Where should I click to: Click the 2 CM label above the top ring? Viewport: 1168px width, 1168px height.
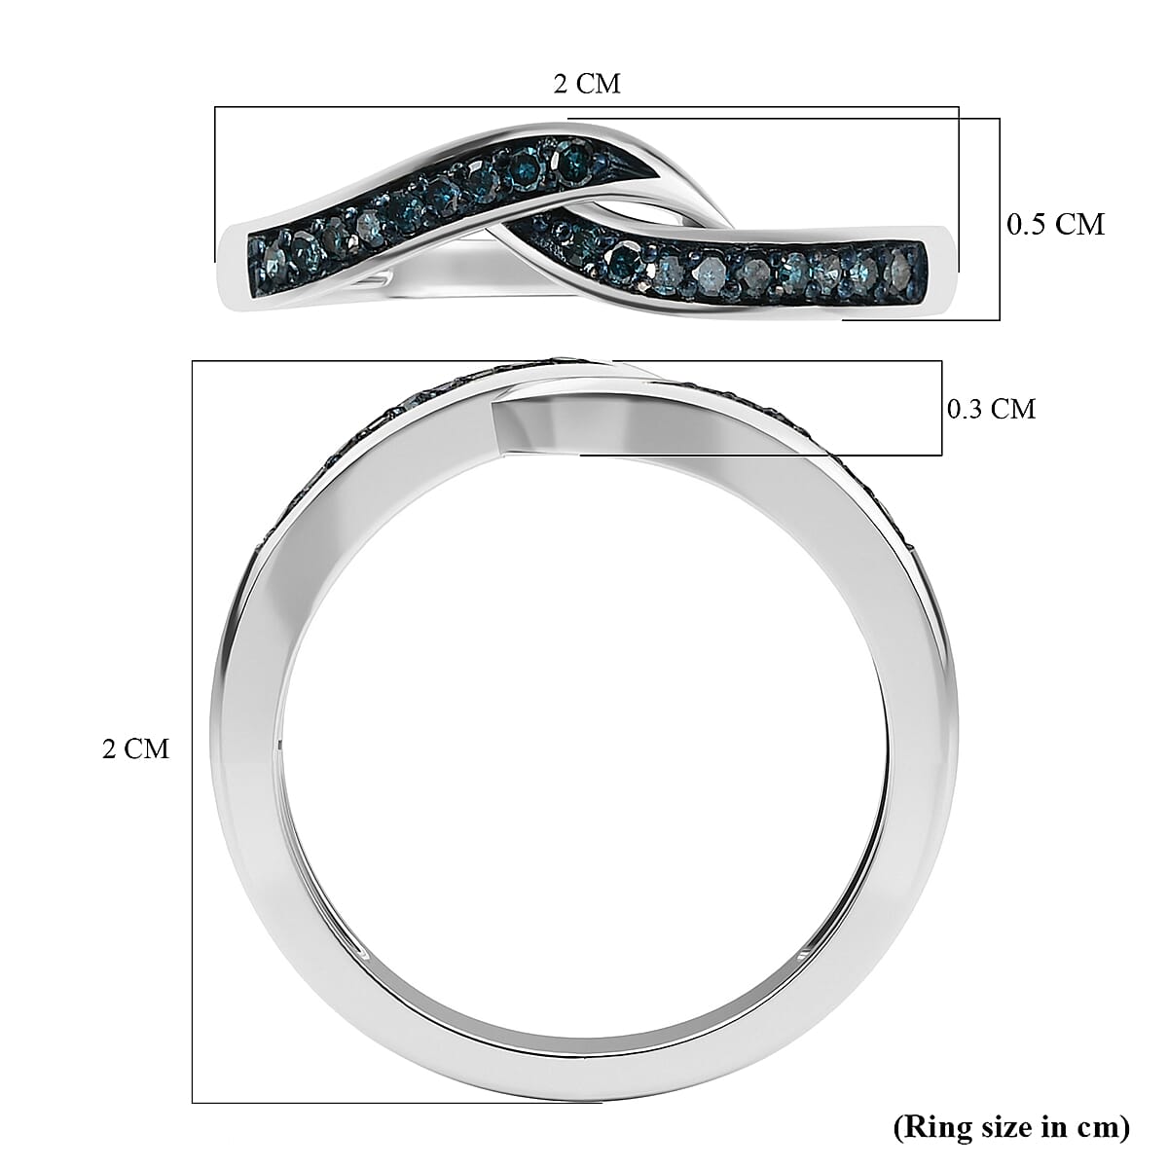click(x=586, y=84)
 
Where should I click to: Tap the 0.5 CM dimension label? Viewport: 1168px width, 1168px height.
click(x=1055, y=225)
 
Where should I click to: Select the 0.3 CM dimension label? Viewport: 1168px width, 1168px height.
click(x=991, y=409)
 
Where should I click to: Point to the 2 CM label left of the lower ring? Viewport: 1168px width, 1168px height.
click(x=135, y=749)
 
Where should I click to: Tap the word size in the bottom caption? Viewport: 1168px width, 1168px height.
click(x=997, y=1127)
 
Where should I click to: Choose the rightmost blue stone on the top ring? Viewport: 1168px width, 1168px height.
click(x=902, y=263)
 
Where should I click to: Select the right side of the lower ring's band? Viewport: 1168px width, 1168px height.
click(x=915, y=749)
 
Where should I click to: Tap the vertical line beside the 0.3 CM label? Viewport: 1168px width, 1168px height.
click(x=941, y=409)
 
